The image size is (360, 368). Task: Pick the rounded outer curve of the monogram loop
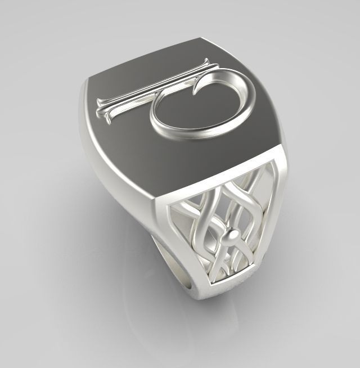pyautogui.click(x=247, y=104)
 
